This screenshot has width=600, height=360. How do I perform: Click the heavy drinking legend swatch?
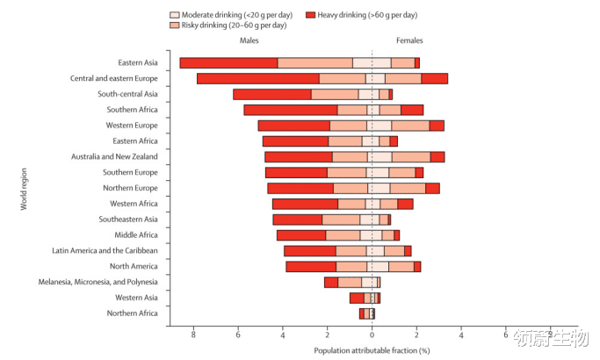(x=311, y=15)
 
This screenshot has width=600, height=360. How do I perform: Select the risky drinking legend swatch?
(x=174, y=25)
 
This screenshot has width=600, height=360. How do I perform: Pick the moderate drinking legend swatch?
(x=174, y=15)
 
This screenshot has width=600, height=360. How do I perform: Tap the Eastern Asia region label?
(x=138, y=62)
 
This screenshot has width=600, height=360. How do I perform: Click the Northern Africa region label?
(x=133, y=313)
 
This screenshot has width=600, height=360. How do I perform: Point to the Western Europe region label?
(x=133, y=126)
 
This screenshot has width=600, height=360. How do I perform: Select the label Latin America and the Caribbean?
(x=105, y=250)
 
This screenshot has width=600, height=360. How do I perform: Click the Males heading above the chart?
(x=249, y=41)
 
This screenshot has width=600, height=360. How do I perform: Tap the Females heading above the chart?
(x=409, y=41)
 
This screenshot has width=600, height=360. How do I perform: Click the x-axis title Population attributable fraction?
(x=372, y=350)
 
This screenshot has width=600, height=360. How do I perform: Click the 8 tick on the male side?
(x=192, y=335)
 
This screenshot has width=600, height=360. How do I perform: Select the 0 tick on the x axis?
(x=372, y=335)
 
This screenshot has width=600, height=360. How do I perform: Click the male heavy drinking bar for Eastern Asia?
(x=228, y=62)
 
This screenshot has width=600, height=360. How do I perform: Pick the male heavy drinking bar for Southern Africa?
(x=291, y=110)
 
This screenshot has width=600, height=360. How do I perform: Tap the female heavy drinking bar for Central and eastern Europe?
(x=434, y=78)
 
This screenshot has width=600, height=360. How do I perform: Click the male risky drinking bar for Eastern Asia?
(x=315, y=62)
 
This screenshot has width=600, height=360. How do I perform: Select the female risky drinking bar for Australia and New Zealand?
(x=411, y=156)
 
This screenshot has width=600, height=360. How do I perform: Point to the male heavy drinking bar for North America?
(x=311, y=266)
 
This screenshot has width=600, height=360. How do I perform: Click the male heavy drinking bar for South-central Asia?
(x=272, y=94)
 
